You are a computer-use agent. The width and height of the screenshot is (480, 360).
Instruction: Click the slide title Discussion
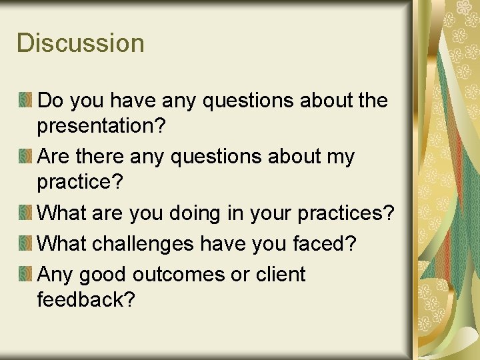pos(81,43)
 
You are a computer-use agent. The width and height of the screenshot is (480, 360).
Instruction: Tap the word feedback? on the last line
pos(86,300)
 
